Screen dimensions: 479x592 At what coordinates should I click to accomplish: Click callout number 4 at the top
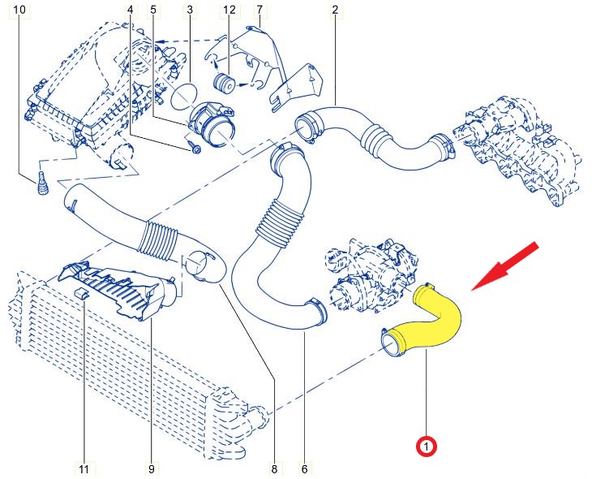131,10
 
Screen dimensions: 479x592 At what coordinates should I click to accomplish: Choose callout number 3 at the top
189,10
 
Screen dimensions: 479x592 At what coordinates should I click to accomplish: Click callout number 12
230,10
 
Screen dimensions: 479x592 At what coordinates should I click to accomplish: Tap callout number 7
259,10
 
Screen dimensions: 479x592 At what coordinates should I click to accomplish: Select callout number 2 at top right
334,10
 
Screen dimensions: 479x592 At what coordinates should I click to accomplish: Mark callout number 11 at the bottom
84,468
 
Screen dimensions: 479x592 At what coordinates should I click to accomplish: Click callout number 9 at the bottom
151,468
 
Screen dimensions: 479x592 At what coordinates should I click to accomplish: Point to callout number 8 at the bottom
274,468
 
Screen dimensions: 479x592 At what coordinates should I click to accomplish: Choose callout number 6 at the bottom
304,468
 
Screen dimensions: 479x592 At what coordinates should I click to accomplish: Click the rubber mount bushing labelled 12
223,81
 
